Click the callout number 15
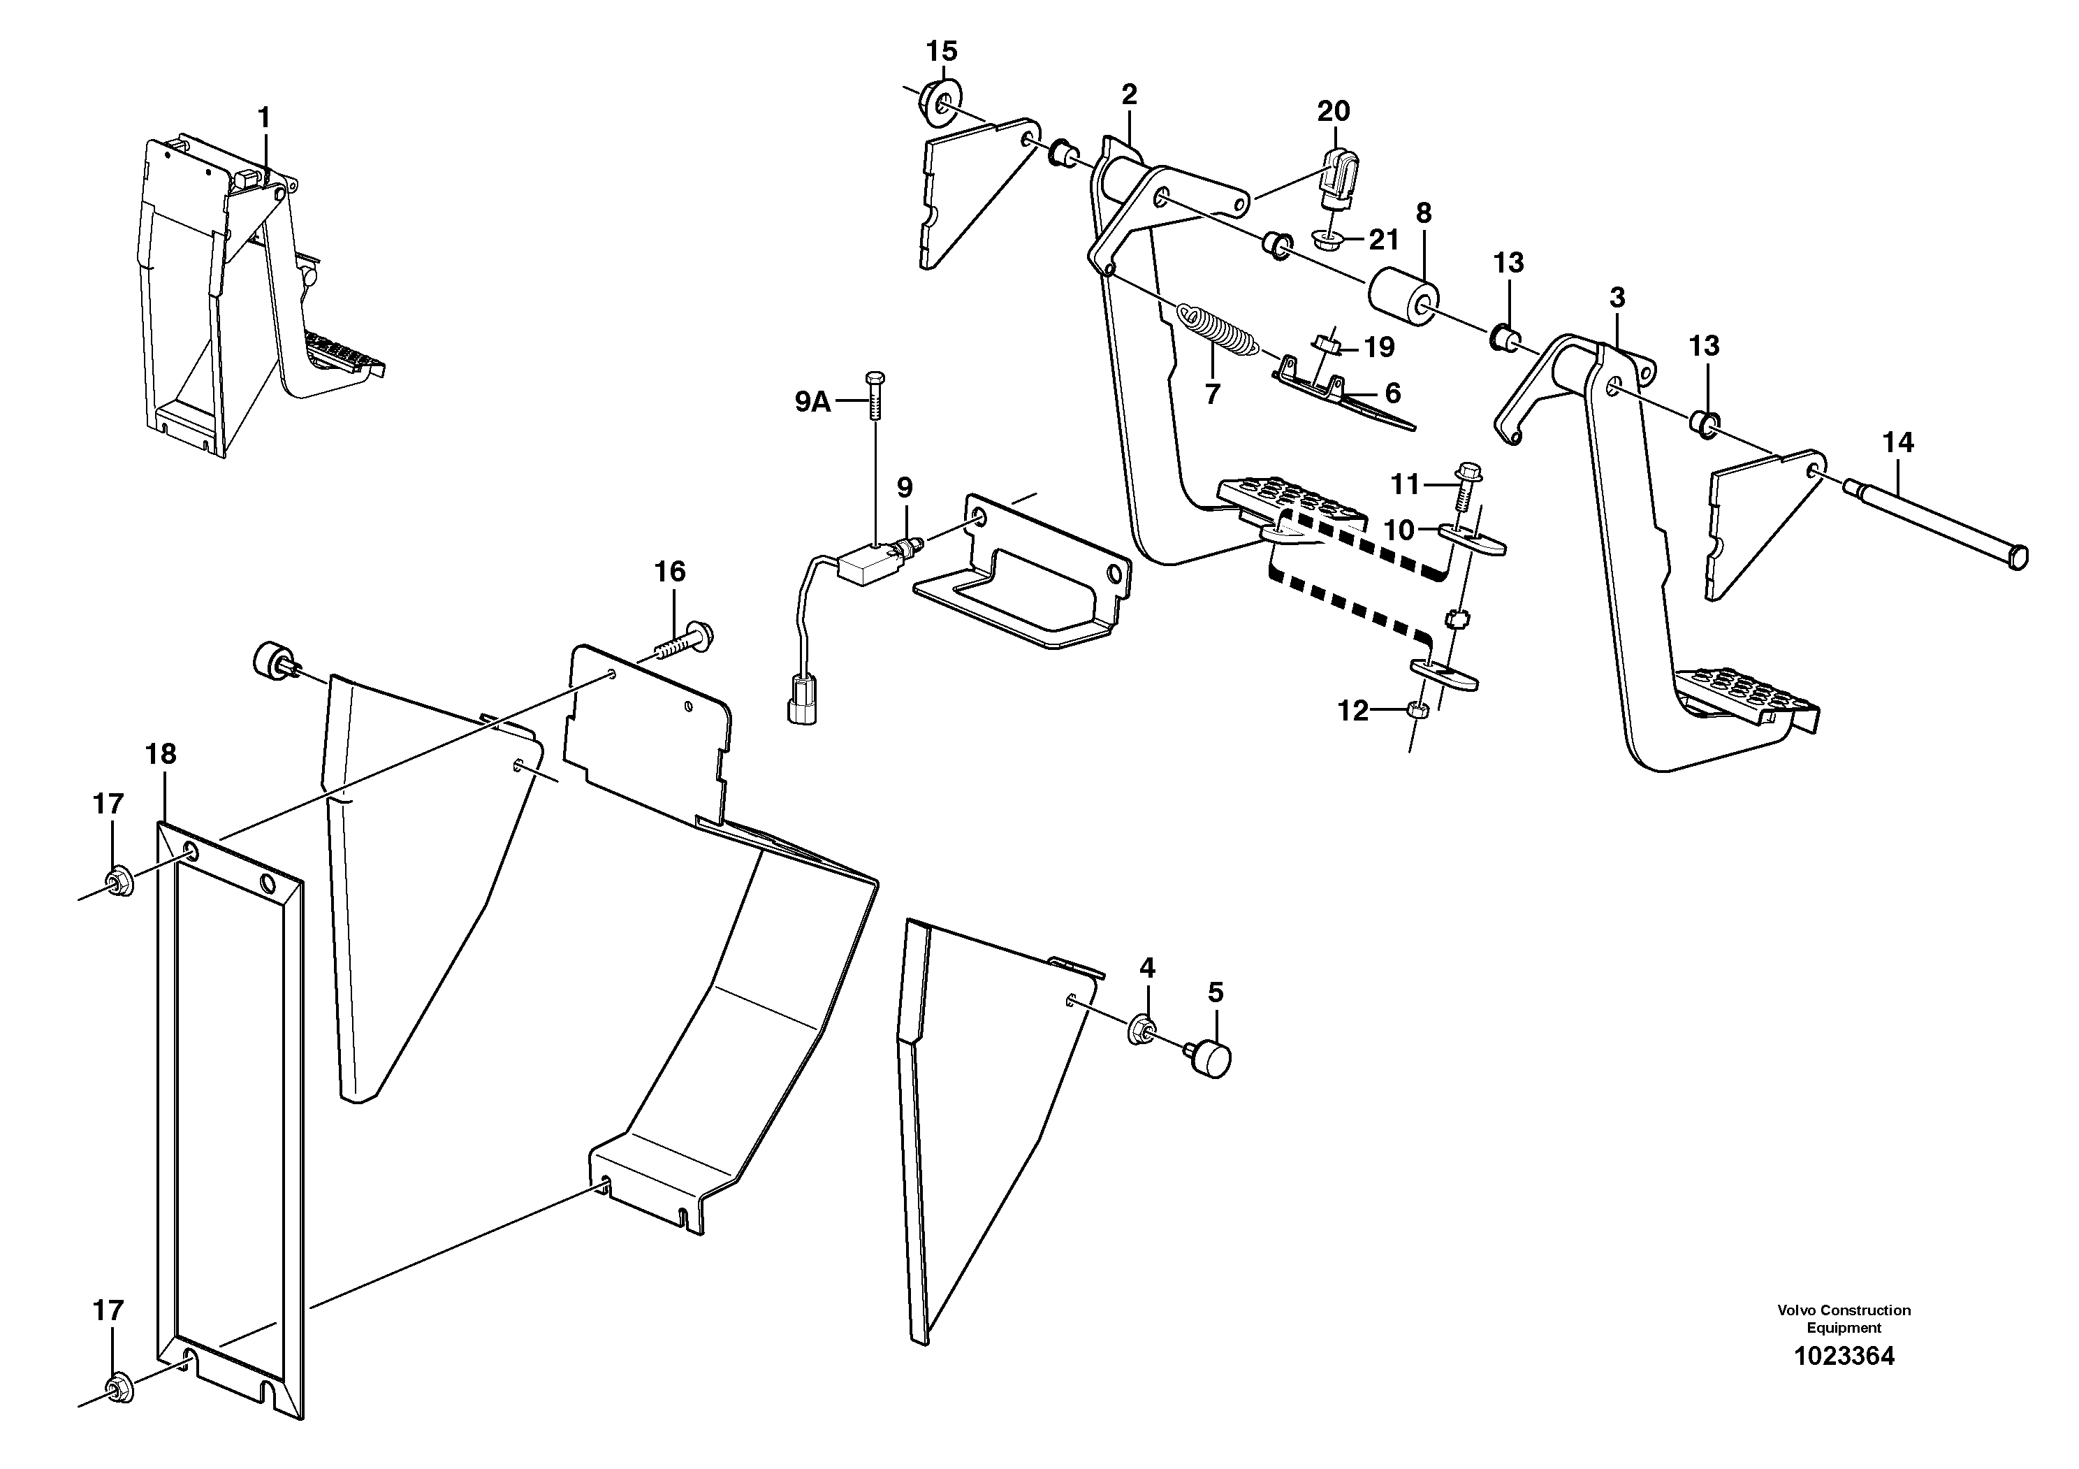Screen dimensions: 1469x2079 [x=942, y=52]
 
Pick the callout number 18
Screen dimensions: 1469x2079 [x=161, y=753]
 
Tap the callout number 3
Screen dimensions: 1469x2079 [x=1617, y=297]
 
